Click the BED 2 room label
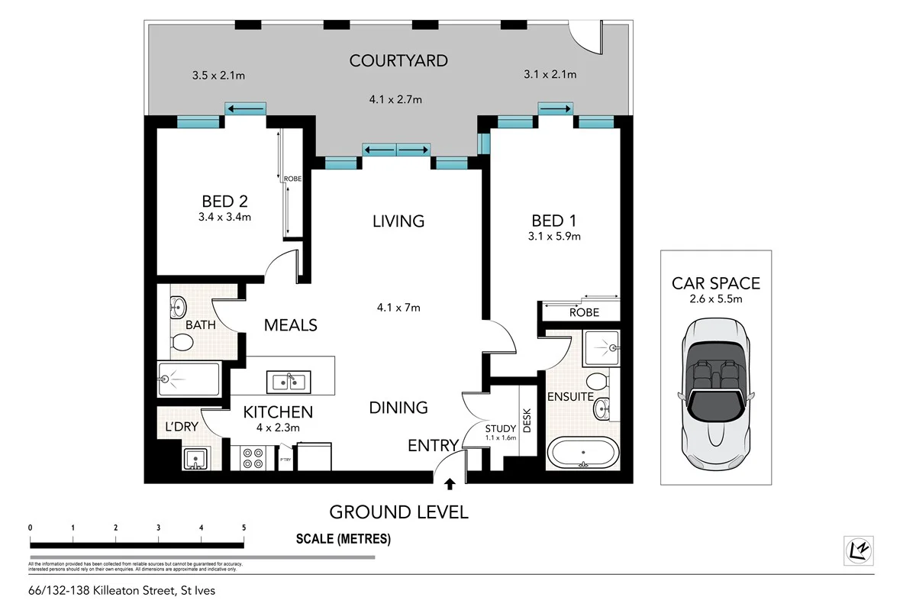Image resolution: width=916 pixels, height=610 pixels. [224, 202]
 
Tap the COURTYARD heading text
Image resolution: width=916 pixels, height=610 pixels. [398, 60]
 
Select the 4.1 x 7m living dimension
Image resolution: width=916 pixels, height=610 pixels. [398, 308]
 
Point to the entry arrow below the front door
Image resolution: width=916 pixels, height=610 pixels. [450, 483]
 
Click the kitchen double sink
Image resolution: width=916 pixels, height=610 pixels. [288, 380]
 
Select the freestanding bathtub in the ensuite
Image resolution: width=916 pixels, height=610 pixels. [583, 453]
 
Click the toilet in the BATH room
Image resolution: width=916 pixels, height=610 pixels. [182, 341]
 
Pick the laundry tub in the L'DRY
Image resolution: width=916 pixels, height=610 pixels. [196, 460]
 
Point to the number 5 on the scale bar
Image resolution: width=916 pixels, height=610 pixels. [244, 528]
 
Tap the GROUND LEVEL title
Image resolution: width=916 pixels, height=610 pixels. [398, 512]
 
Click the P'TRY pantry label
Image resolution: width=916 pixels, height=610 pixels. [285, 460]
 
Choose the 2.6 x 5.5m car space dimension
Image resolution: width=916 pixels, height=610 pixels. [715, 299]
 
